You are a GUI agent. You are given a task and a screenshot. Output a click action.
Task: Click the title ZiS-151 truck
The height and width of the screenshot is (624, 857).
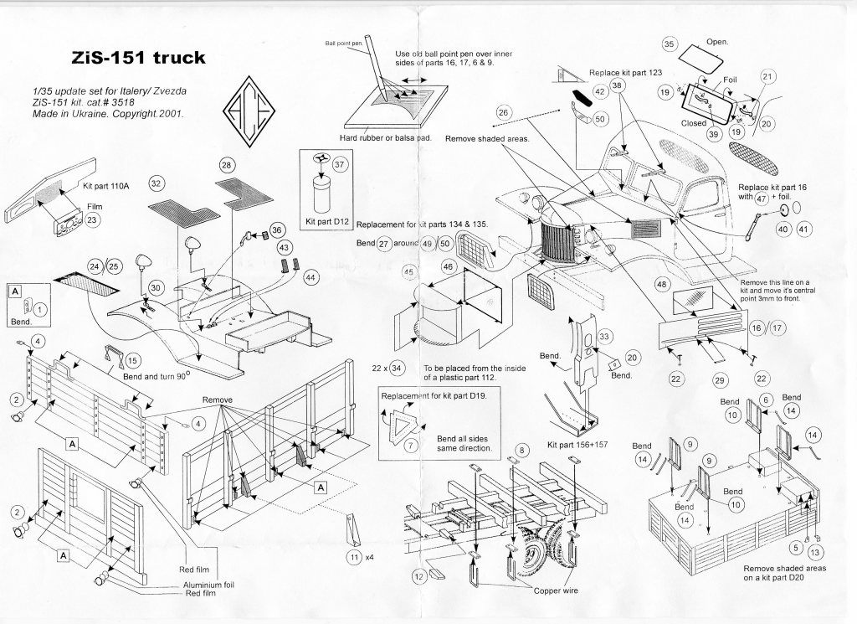(132, 59)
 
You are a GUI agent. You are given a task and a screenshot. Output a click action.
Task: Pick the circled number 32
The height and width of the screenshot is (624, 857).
(156, 183)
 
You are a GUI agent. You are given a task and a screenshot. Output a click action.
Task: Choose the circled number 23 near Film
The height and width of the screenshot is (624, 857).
(92, 220)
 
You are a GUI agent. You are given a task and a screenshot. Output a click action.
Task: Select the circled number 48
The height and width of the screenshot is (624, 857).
(661, 285)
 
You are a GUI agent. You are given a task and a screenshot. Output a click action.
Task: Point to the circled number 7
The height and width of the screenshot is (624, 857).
(410, 446)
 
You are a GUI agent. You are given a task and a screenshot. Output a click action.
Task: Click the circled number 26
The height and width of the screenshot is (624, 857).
(503, 112)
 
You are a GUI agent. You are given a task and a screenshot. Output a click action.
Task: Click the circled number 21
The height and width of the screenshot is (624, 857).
(767, 76)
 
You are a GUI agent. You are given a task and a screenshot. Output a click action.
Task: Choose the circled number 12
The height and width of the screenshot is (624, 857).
(417, 576)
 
